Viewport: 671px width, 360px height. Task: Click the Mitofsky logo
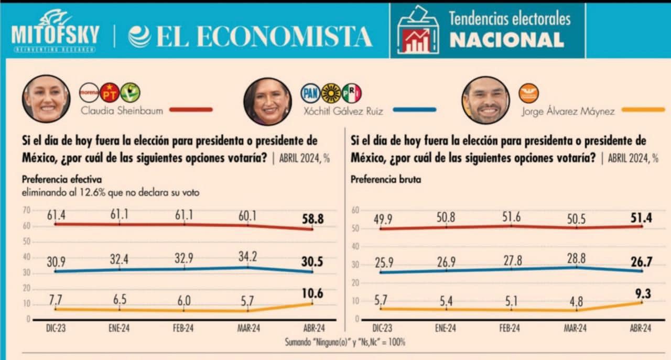pos(55,31)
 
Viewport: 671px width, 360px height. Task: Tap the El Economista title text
pos(251,36)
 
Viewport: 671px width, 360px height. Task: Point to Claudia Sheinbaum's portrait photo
pos(46,99)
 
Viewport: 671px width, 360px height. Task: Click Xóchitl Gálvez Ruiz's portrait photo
pos(267,101)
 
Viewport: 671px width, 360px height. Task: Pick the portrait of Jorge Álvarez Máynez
pos(485,100)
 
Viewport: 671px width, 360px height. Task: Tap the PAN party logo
pos(310,93)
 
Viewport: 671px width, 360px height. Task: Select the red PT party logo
pos(110,93)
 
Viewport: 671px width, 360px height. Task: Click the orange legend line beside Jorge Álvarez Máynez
pos(639,110)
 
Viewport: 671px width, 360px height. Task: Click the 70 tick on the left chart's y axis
pos(26,211)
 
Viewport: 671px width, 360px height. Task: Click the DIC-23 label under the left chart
pos(56,329)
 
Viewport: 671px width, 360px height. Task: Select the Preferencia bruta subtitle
pos(386,180)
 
